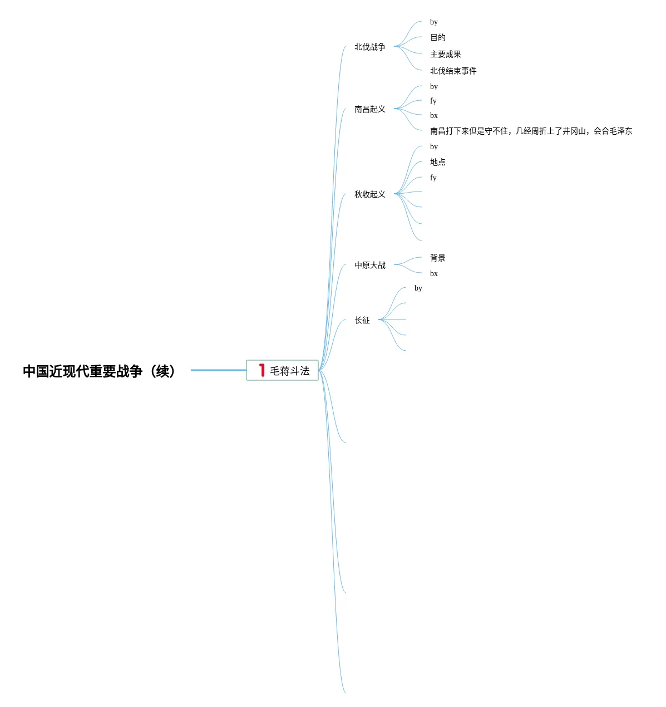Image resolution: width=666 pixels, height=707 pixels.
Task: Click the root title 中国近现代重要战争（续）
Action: [x=99, y=371]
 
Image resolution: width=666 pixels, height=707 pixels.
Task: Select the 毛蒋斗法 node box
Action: [x=282, y=370]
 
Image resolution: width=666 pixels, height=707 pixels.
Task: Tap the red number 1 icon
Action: [x=262, y=370]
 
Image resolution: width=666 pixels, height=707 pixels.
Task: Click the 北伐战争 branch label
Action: [x=369, y=47]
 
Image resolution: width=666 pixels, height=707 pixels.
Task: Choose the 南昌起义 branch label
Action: [x=369, y=109]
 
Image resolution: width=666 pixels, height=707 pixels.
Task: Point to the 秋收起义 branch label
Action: [x=369, y=194]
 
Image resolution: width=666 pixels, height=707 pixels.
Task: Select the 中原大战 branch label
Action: [x=369, y=265]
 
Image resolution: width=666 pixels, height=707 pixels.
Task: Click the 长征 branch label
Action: [x=362, y=320]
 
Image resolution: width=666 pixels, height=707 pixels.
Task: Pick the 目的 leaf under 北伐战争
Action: [x=437, y=37]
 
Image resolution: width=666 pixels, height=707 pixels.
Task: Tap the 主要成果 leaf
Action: [x=445, y=54]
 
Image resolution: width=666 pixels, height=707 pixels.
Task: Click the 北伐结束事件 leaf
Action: [x=453, y=71]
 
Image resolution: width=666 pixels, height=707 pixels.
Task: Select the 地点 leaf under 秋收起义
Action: [x=437, y=162]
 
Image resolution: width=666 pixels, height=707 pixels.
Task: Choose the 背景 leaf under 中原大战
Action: [x=437, y=258]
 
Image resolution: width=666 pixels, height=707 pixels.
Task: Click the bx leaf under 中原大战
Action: [x=433, y=273]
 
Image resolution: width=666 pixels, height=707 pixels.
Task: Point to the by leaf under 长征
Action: [x=418, y=288]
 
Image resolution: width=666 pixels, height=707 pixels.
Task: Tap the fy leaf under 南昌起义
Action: [x=433, y=101]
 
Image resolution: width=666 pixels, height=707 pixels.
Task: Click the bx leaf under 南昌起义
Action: [x=433, y=115]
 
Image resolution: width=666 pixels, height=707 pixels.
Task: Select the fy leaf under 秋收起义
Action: [x=433, y=178]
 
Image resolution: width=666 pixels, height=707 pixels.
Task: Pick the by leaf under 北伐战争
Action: [x=433, y=22]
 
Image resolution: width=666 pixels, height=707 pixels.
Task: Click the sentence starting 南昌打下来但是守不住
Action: [x=531, y=131]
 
